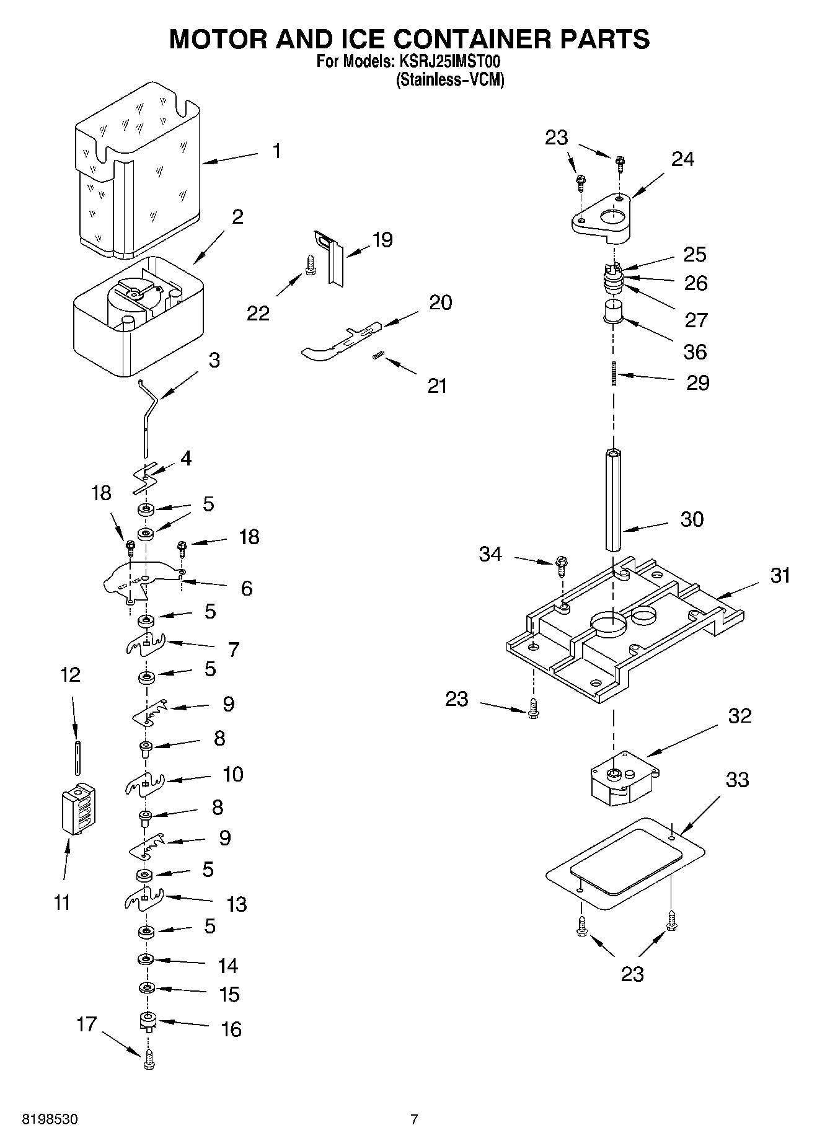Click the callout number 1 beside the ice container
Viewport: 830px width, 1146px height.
(x=276, y=151)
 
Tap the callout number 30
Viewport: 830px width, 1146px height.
(x=692, y=519)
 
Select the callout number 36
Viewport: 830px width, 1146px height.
(x=695, y=351)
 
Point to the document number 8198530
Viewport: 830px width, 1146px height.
(x=50, y=1119)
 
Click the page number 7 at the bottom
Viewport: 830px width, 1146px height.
(x=414, y=1119)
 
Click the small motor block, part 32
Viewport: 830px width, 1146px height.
(x=622, y=778)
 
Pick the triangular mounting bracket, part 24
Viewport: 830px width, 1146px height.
(x=601, y=218)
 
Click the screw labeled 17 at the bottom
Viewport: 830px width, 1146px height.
(x=148, y=1062)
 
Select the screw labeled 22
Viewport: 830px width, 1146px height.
(x=309, y=265)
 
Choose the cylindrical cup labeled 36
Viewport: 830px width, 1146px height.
(x=614, y=311)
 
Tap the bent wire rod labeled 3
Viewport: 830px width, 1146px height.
(x=148, y=418)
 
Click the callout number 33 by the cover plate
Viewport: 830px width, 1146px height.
(x=737, y=780)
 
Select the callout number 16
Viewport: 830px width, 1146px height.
(x=231, y=1029)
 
